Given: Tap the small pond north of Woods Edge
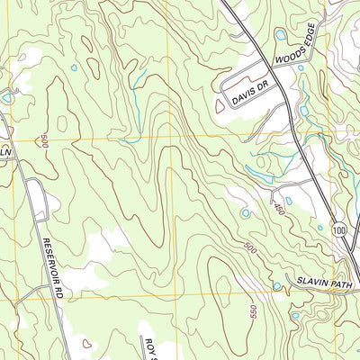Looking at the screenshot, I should point(282,35).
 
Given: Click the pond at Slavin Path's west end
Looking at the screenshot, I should point(276,286).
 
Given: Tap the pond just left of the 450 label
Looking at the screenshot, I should point(245,213).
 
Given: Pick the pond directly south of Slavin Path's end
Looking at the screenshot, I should point(295,315).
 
